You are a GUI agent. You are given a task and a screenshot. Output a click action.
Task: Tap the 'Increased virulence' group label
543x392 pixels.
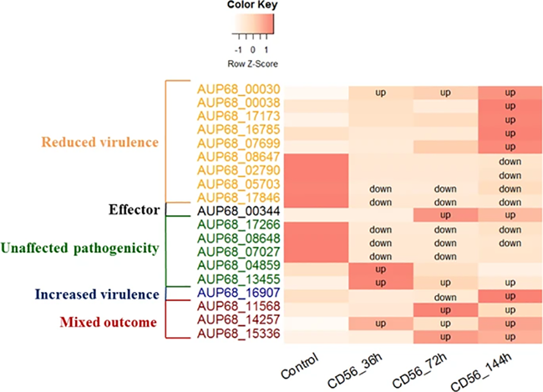click(98, 294)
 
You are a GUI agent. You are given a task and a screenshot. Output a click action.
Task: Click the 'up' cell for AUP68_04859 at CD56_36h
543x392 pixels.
click(380, 269)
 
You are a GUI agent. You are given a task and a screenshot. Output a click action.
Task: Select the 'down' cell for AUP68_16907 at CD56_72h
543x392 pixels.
click(445, 296)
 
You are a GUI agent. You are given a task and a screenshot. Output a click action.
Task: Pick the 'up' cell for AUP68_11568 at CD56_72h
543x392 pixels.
click(445, 309)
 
